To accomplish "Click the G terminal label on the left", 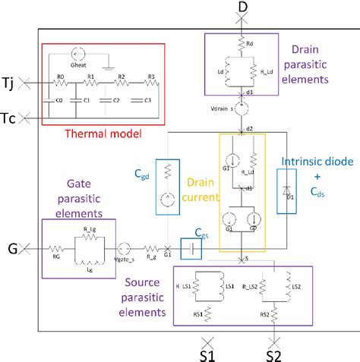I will [x=11, y=247].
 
